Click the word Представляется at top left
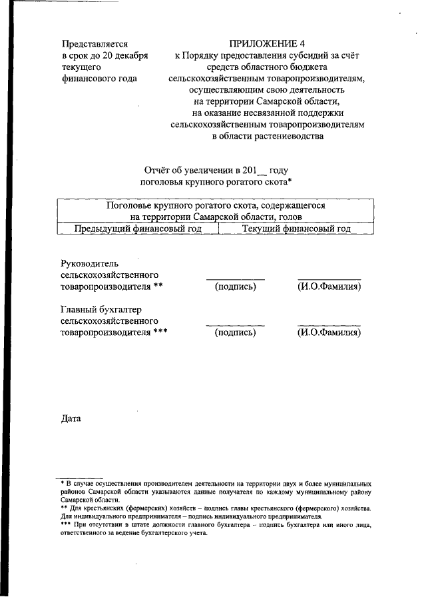pyautogui.click(x=94, y=43)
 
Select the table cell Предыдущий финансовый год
pyautogui.click(x=138, y=229)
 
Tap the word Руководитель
pyautogui.click(x=89, y=263)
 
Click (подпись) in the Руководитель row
pyautogui.click(x=235, y=287)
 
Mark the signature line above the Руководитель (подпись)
pyautogui.click(x=235, y=278)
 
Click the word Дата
pyautogui.click(x=71, y=418)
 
